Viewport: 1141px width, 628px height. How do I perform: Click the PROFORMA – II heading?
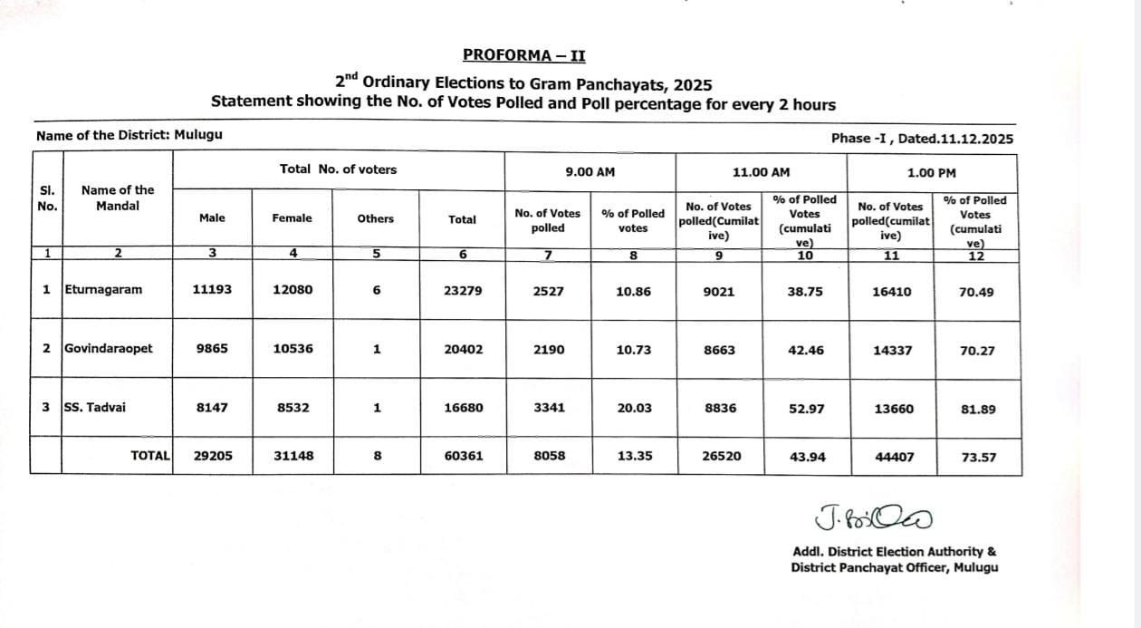pyautogui.click(x=523, y=55)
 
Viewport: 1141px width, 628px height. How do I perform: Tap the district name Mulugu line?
pyautogui.click(x=129, y=135)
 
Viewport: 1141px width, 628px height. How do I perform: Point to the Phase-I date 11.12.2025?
pyautogui.click(x=922, y=139)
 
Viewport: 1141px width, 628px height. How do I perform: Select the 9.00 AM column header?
pyautogui.click(x=589, y=172)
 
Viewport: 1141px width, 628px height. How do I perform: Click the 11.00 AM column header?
pyautogui.click(x=761, y=172)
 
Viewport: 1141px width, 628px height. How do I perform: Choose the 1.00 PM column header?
pyautogui.click(x=931, y=172)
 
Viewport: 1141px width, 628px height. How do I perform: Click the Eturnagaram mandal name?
pyautogui.click(x=104, y=290)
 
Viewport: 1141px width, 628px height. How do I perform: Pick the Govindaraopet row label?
pyautogui.click(x=109, y=348)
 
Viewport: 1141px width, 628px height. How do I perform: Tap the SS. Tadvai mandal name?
pyautogui.click(x=95, y=407)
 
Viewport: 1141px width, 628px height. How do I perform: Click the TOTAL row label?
pyautogui.click(x=150, y=456)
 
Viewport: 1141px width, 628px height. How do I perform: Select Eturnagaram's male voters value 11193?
pyautogui.click(x=212, y=291)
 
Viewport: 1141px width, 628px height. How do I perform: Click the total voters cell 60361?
pyautogui.click(x=463, y=456)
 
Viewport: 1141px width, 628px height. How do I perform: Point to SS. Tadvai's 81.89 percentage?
pyautogui.click(x=977, y=409)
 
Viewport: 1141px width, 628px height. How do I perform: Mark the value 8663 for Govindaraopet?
pyautogui.click(x=720, y=349)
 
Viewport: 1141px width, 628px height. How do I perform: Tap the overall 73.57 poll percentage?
pyautogui.click(x=977, y=457)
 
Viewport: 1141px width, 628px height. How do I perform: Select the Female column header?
pyautogui.click(x=292, y=217)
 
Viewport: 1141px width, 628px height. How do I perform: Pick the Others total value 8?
pyautogui.click(x=377, y=456)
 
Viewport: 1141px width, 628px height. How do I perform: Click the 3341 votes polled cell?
pyautogui.click(x=548, y=408)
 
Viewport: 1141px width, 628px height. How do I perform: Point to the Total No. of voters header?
pyautogui.click(x=338, y=169)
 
